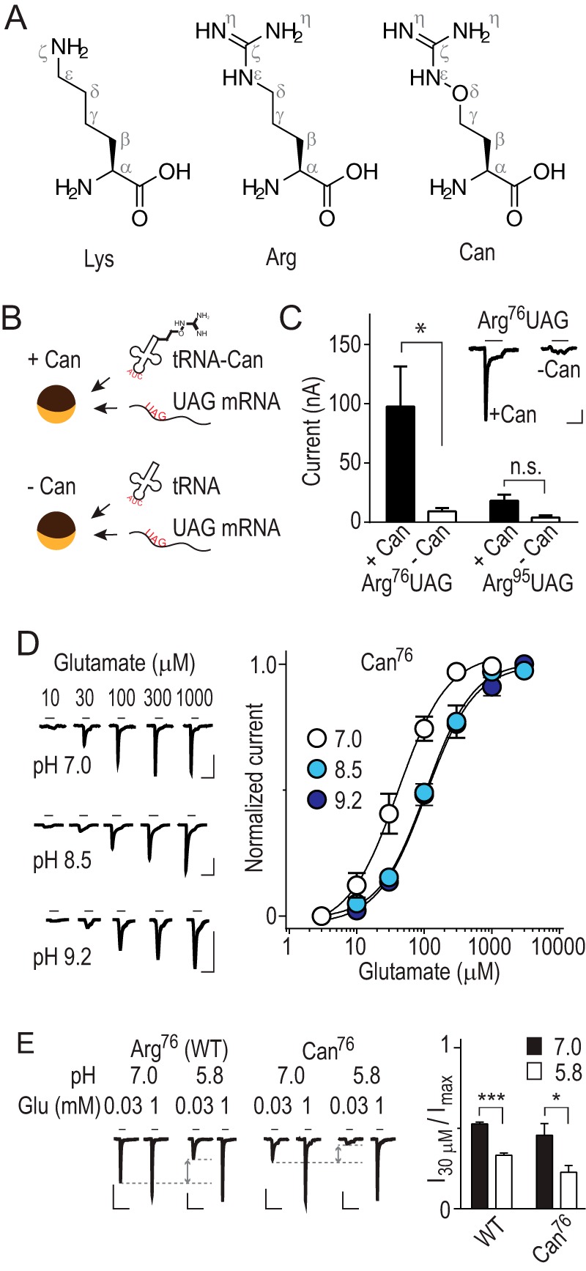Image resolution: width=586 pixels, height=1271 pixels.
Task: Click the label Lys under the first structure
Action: point(100,258)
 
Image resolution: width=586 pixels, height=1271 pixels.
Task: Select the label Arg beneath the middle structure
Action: point(281,258)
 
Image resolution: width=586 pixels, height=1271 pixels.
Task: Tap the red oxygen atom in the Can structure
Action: point(459,94)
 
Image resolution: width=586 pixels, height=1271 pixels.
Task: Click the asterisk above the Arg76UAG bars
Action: point(420,327)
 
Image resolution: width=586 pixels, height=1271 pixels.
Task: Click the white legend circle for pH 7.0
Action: point(316,738)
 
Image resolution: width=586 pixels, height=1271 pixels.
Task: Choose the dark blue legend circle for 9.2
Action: point(316,800)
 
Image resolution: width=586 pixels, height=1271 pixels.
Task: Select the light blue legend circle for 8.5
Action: point(316,769)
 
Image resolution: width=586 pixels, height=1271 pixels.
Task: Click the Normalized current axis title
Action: point(255,788)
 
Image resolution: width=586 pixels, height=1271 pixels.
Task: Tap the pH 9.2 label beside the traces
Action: point(62,956)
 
